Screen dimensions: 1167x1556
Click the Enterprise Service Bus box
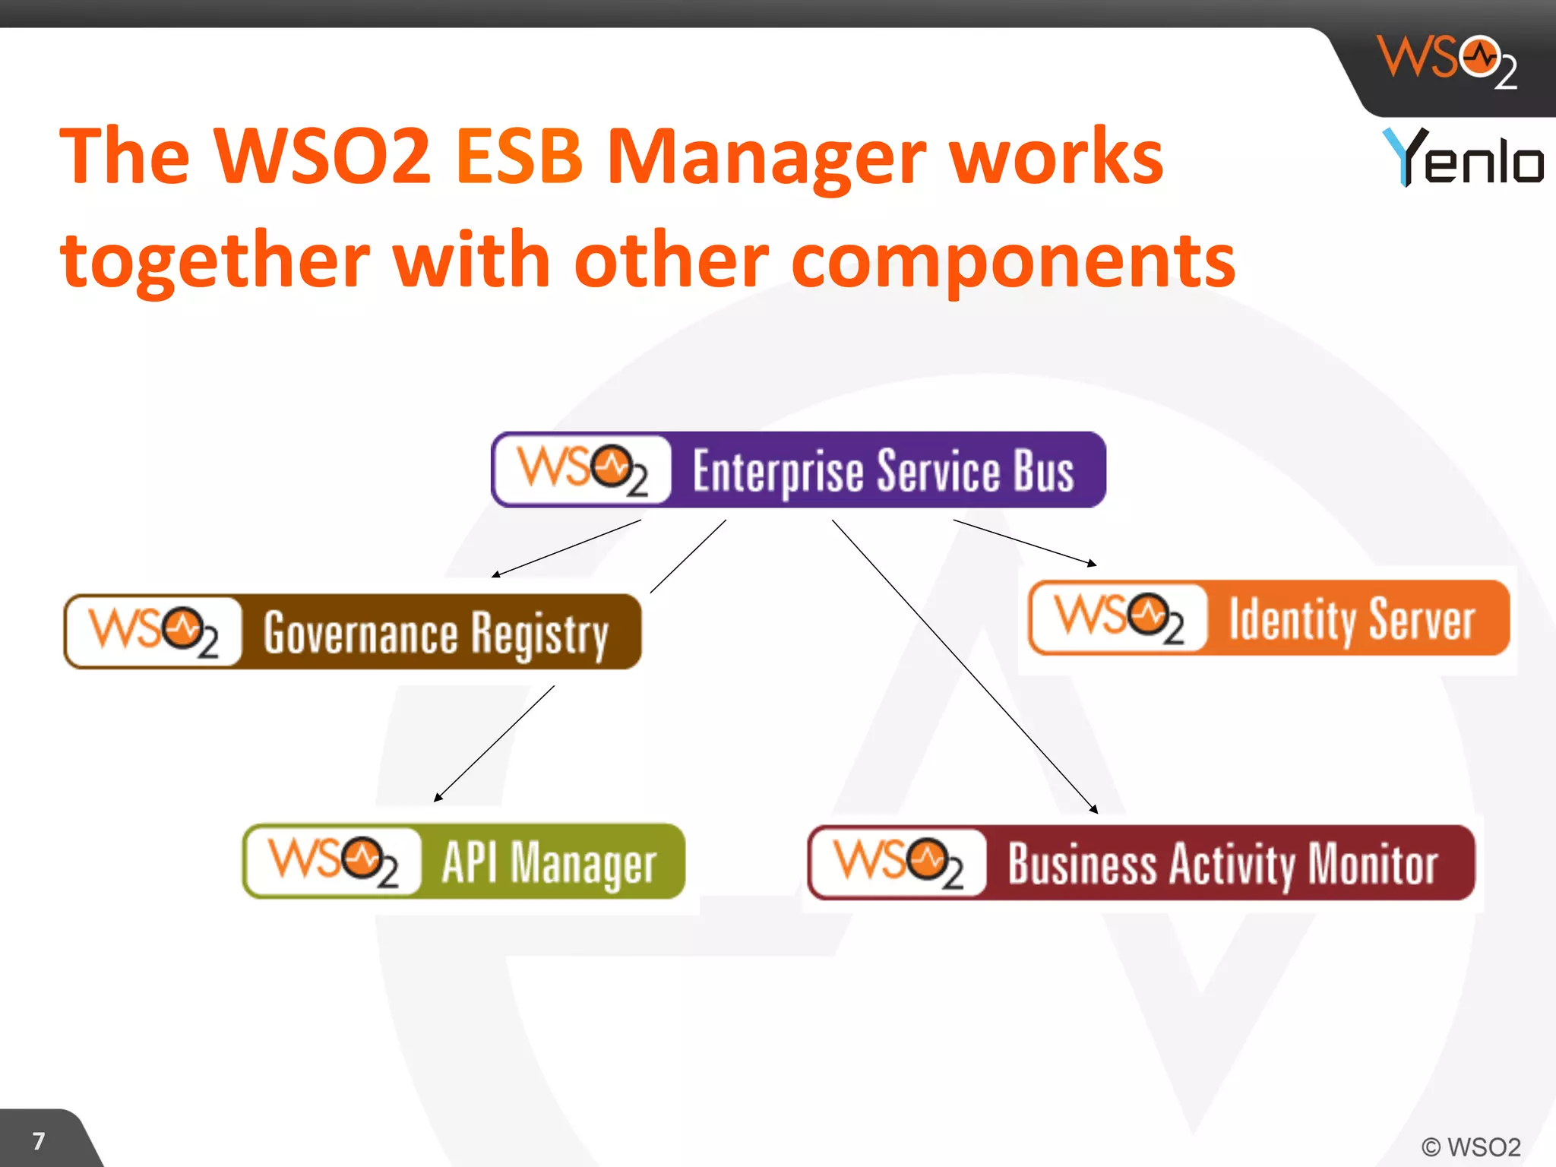(798, 470)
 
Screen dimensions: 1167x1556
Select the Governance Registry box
(353, 631)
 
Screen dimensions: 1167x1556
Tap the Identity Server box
(1269, 618)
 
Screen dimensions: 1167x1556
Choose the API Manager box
(463, 861)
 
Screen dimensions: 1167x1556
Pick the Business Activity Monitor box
(1141, 862)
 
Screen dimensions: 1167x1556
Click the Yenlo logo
(1462, 157)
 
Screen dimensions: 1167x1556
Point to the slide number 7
(39, 1140)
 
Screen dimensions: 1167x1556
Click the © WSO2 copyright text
(1470, 1146)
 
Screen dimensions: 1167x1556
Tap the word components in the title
(1013, 261)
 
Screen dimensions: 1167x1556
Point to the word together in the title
(214, 261)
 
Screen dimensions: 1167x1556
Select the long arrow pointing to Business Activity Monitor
(965, 666)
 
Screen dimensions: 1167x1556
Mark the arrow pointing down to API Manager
(494, 744)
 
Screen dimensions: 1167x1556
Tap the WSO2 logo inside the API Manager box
(333, 862)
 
